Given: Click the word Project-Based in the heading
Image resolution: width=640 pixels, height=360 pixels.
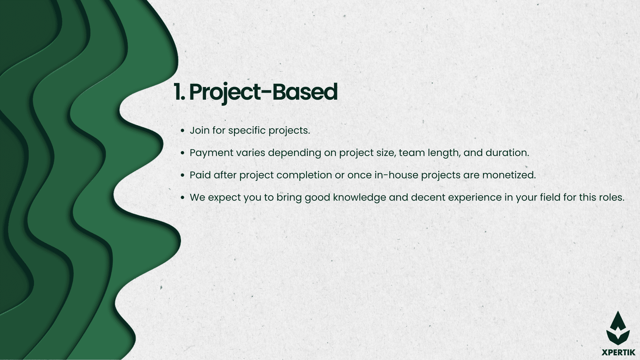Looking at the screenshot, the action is pyautogui.click(x=263, y=93).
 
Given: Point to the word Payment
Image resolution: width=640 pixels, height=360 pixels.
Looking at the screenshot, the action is pyautogui.click(x=211, y=153).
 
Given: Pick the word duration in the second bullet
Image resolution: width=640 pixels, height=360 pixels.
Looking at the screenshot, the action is pyautogui.click(x=507, y=153).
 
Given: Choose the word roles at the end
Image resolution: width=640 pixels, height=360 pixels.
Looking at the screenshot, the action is pyautogui.click(x=611, y=197).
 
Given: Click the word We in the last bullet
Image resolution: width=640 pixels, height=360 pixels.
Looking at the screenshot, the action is pyautogui.click(x=197, y=197).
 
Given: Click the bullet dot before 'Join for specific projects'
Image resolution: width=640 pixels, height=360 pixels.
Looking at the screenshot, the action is pyautogui.click(x=182, y=131).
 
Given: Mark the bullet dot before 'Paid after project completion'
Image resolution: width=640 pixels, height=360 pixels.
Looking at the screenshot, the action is pyautogui.click(x=182, y=175).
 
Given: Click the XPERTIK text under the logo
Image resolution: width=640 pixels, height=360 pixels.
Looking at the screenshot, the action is pyautogui.click(x=618, y=352).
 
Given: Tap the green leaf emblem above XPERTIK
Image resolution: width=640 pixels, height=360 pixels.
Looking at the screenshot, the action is pyautogui.click(x=618, y=328).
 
